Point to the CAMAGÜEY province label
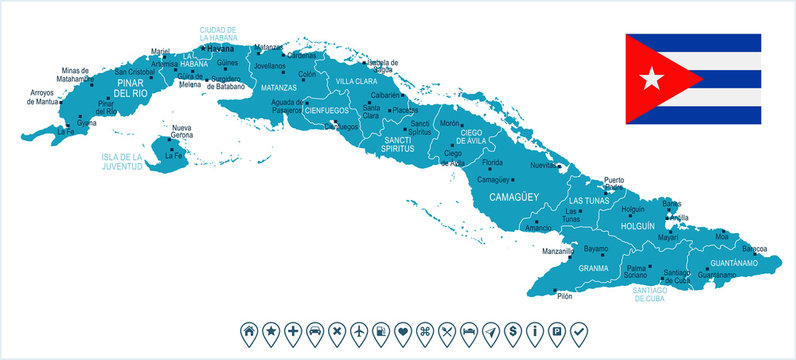pos(513,198)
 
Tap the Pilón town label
pos(565,296)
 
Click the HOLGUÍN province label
pos(637,227)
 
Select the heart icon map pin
pos(402,330)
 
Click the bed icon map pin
pos(468,330)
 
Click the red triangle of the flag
pos(645,78)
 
